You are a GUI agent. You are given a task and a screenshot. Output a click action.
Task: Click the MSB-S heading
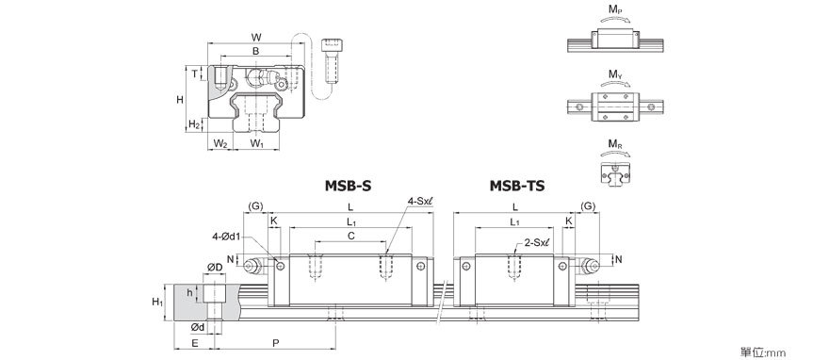click(349, 186)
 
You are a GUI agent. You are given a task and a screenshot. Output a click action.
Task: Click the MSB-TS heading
click(516, 186)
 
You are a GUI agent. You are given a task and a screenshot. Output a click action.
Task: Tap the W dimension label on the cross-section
click(256, 37)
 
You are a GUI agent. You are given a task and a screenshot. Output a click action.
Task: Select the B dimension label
click(255, 51)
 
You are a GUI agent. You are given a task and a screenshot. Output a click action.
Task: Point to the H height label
click(180, 99)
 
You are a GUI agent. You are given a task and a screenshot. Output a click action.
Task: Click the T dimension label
click(195, 74)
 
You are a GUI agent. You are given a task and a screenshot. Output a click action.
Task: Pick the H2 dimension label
click(194, 124)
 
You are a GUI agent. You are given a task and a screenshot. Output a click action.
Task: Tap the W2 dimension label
click(219, 143)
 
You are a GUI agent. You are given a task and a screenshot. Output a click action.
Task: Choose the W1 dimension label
click(256, 143)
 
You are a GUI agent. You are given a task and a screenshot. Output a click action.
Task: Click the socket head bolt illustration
click(331, 60)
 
